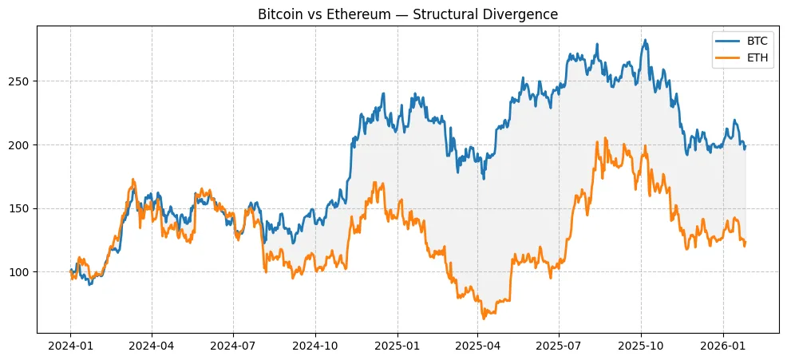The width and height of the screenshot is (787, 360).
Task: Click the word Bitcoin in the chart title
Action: click(279, 14)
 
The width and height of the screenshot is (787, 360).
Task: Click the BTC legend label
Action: click(757, 40)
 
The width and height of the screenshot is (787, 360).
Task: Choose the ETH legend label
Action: click(757, 57)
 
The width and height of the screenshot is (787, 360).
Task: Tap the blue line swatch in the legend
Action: click(728, 40)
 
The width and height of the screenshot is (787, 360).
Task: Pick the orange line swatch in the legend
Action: click(728, 57)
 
